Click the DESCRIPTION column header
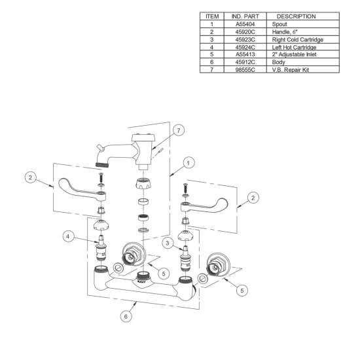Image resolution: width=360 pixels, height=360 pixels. (x=296, y=16)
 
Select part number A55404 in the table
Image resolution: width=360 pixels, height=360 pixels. (x=245, y=24)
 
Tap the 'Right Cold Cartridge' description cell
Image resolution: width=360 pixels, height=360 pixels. (x=298, y=39)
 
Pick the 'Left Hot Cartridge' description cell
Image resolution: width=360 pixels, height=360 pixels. (x=294, y=47)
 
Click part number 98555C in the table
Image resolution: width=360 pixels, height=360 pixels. (x=245, y=69)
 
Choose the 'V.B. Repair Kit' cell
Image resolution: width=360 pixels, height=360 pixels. (x=291, y=69)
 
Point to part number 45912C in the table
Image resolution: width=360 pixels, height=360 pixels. (x=245, y=62)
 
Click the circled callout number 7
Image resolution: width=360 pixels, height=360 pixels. (x=179, y=130)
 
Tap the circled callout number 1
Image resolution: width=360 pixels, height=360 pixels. (x=189, y=163)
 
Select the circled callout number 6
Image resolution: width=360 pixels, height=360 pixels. (x=126, y=316)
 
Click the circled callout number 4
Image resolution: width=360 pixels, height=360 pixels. (x=68, y=236)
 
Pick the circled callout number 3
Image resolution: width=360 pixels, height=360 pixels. (x=168, y=243)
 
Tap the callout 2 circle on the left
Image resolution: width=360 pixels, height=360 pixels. (x=31, y=177)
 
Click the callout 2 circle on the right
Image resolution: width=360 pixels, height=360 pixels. (x=253, y=198)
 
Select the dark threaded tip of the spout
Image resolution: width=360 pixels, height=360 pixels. (x=102, y=164)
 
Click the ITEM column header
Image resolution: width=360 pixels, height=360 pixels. (x=212, y=16)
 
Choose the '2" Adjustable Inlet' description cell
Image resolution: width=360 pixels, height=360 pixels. (x=294, y=54)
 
